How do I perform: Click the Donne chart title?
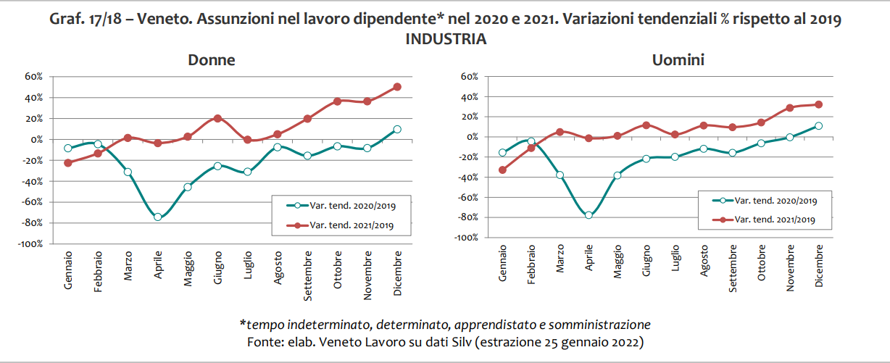point(211,60)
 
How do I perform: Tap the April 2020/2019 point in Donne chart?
point(157,217)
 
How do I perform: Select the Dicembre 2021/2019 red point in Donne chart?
point(397,87)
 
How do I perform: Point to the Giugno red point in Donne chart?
point(217,118)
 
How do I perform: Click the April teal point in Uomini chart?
point(589,215)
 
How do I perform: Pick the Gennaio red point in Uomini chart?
point(502,170)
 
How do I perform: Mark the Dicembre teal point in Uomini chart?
point(818,125)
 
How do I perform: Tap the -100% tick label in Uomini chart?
point(466,237)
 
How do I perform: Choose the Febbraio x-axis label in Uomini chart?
point(531,268)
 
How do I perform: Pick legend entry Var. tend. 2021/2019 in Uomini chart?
point(775,220)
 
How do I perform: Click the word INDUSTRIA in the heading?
point(445,39)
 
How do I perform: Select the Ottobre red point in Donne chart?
point(337,101)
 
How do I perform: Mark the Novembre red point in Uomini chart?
point(789,108)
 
